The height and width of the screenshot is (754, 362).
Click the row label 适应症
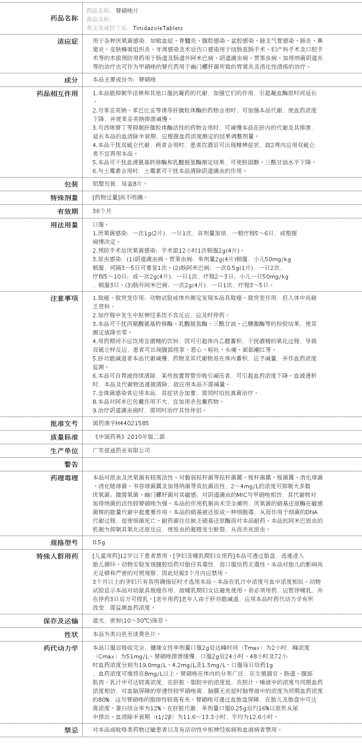tap(68, 41)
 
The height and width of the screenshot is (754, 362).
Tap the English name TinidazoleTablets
tap(158, 28)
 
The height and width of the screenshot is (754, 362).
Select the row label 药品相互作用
tap(57, 94)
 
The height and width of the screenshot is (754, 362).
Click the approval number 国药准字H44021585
tap(121, 423)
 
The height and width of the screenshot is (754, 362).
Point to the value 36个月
tap(102, 211)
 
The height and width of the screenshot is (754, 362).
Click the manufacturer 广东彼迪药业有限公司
tap(121, 450)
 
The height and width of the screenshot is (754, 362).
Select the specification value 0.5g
tap(99, 542)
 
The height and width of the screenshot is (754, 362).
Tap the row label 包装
tap(71, 184)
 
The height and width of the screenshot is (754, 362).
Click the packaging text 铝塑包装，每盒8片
tap(119, 184)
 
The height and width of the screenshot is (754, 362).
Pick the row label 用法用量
tap(64, 225)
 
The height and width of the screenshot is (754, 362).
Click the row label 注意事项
tap(64, 298)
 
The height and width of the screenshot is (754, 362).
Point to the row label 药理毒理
tap(64, 478)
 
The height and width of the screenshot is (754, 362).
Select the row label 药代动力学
tap(61, 648)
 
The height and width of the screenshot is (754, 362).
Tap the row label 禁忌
tap(71, 730)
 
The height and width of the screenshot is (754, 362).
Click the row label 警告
tap(71, 464)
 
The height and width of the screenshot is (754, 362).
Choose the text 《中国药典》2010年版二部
tap(129, 437)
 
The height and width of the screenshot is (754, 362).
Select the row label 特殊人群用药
tap(57, 556)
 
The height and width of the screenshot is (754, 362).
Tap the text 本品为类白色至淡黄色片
tap(126, 634)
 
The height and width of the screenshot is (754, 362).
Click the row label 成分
tap(71, 80)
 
